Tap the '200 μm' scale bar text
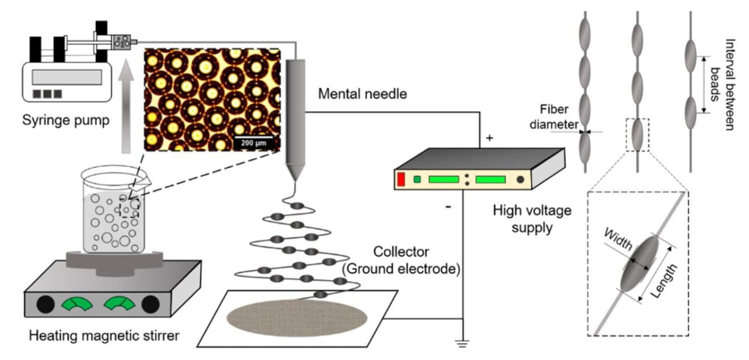[255, 142]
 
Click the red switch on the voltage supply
[401, 180]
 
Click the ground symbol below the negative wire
[463, 344]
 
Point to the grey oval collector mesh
[297, 318]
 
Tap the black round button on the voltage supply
[520, 179]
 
